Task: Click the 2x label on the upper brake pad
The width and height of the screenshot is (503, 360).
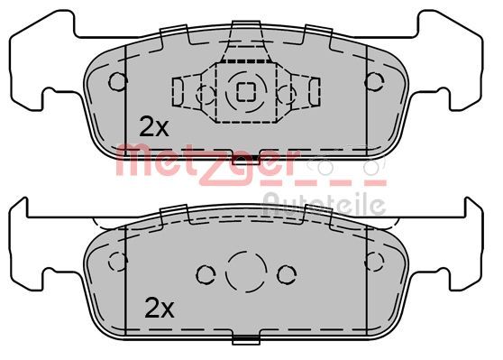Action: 153,127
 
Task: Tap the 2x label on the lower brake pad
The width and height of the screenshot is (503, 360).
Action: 160,309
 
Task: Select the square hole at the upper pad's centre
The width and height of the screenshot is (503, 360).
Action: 245,89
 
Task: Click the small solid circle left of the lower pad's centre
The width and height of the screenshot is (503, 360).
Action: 205,272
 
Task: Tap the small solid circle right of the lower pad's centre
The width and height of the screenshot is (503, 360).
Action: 286,272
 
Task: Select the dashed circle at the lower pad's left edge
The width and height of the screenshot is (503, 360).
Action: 116,263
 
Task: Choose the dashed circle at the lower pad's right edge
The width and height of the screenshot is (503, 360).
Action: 372,263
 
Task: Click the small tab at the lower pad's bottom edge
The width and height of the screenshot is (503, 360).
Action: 245,341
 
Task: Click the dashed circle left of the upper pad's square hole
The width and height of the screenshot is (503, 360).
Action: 203,91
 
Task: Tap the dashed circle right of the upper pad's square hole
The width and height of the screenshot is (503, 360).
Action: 286,91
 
